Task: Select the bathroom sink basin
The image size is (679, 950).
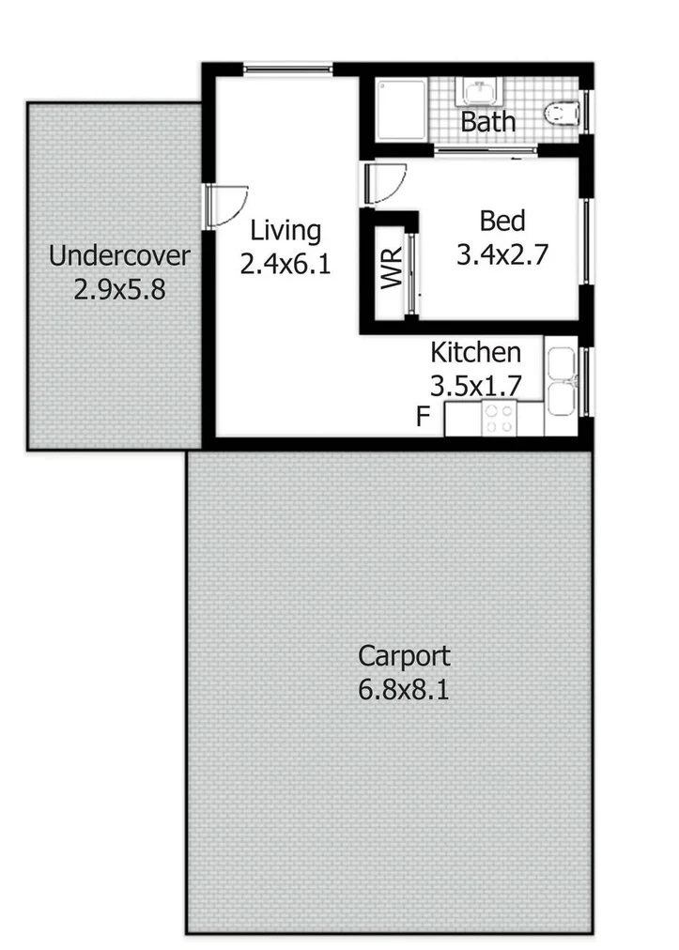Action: click(x=480, y=92)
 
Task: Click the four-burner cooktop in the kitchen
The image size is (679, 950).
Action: click(x=498, y=418)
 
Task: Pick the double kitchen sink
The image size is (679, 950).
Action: click(x=562, y=382)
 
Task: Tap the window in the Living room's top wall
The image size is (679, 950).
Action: click(x=287, y=69)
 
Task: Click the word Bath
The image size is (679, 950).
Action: click(x=488, y=122)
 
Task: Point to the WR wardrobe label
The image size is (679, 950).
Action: click(x=392, y=268)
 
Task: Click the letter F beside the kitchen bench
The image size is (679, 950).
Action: click(x=424, y=417)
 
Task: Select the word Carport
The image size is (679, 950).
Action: click(x=404, y=655)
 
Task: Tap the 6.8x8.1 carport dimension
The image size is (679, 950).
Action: click(x=404, y=691)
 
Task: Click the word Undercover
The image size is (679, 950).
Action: click(x=119, y=255)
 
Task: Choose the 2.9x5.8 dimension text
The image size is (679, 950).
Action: click(x=119, y=289)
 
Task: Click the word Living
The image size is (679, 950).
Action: click(x=285, y=231)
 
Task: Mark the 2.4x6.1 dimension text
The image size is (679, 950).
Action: click(x=285, y=265)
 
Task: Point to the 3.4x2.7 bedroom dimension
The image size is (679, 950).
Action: click(x=502, y=254)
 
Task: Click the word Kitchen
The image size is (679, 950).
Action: click(x=475, y=353)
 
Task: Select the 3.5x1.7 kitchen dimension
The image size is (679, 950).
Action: click(x=475, y=386)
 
